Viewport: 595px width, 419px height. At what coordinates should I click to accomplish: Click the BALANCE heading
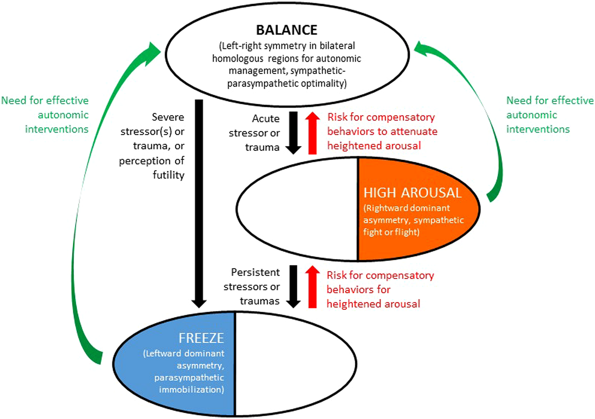[286, 30]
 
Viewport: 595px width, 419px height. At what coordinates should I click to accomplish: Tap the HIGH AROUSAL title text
[412, 193]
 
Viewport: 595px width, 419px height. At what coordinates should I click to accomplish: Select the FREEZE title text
[201, 338]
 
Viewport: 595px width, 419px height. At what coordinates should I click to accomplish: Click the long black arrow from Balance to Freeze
[199, 202]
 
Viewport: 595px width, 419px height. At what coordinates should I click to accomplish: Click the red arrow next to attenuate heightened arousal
[312, 133]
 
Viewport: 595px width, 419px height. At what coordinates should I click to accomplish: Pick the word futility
[169, 175]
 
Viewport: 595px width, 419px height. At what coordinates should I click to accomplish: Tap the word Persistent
[255, 272]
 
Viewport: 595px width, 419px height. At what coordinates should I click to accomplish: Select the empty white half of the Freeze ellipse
[295, 363]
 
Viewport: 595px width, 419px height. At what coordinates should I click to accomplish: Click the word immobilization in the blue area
[191, 389]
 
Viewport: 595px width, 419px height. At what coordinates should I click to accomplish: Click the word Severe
[168, 117]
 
